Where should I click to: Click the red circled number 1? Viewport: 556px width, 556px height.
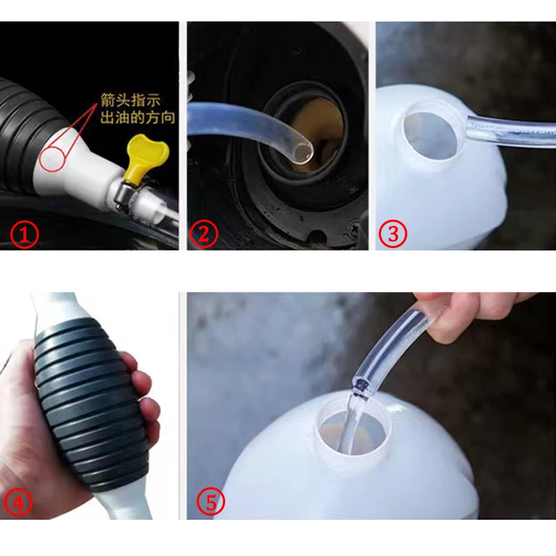point(26,235)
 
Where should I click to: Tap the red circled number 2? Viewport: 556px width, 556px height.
point(202,235)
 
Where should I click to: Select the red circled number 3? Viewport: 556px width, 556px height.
point(393,235)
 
